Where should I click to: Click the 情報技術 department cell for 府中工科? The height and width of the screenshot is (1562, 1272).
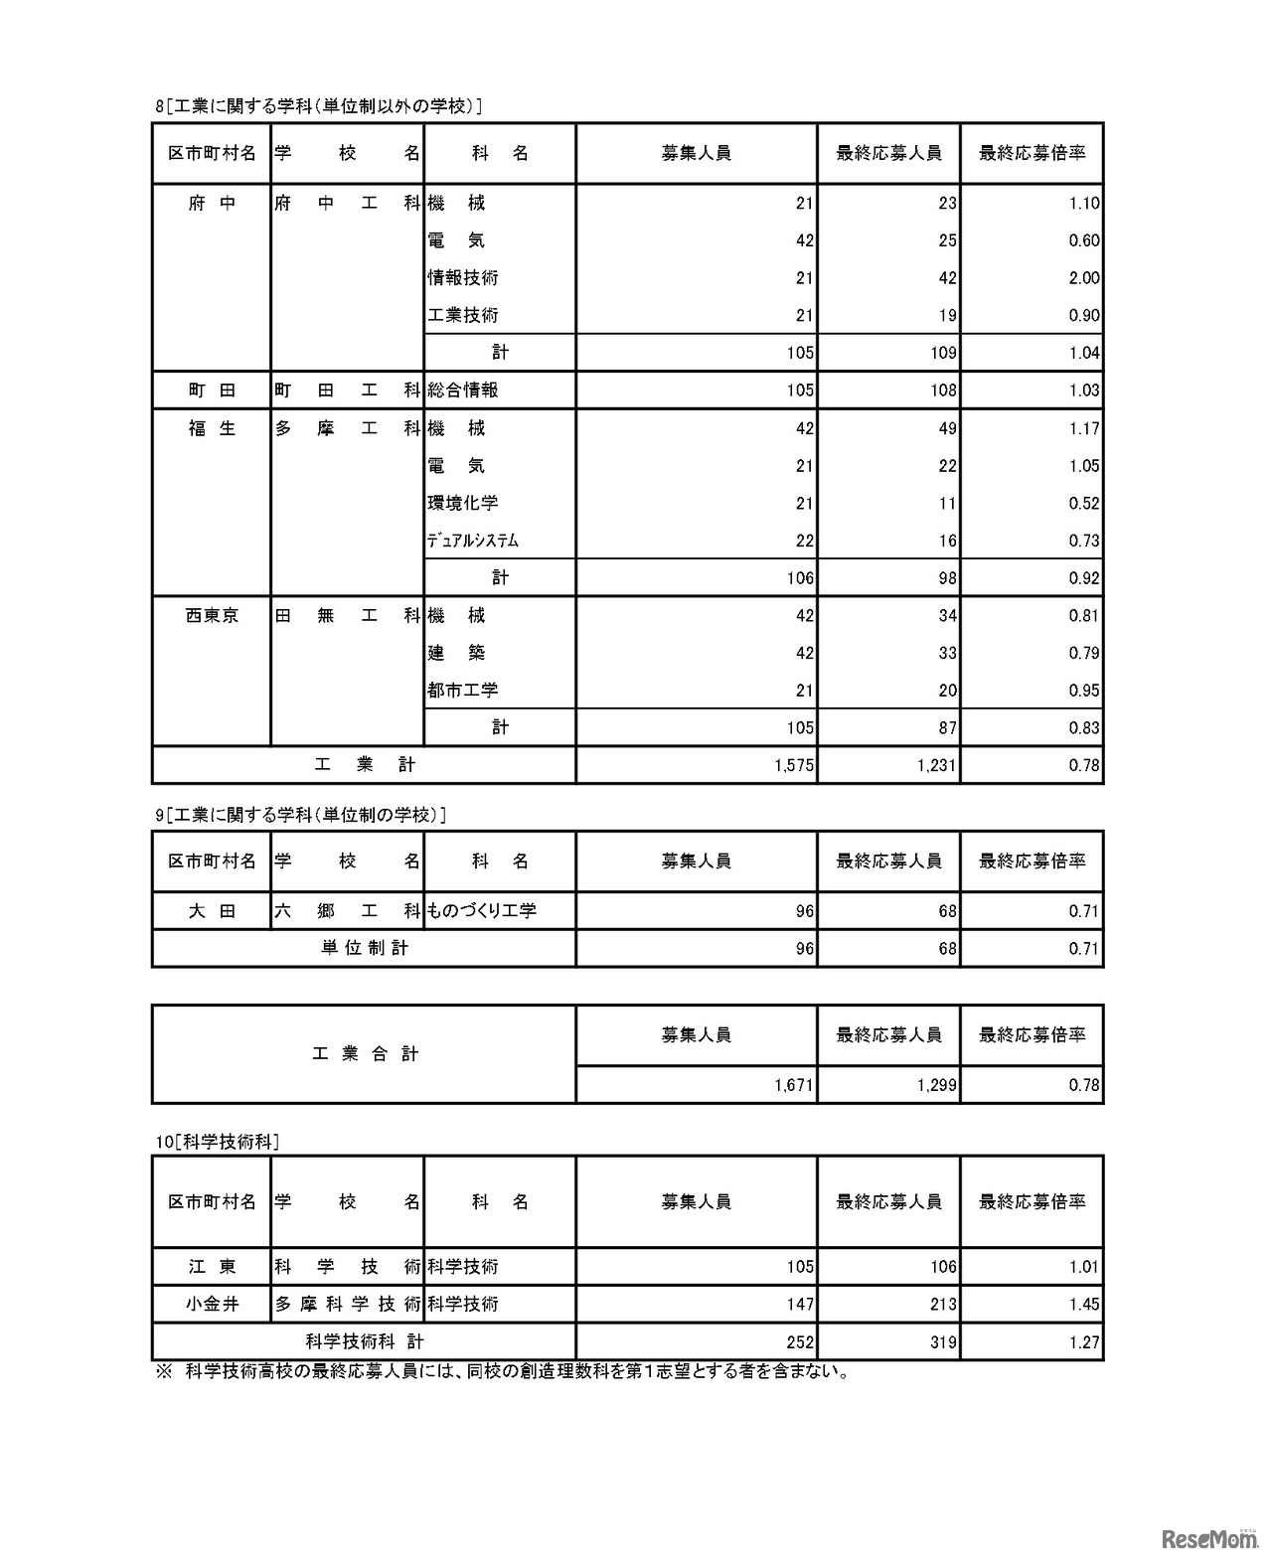coord(463,278)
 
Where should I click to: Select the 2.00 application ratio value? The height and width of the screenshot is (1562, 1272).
coord(1083,278)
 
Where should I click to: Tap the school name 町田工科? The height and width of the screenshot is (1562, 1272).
coord(347,390)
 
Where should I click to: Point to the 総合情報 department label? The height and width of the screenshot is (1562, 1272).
coord(463,390)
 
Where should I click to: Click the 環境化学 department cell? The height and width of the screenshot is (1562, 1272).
coord(463,503)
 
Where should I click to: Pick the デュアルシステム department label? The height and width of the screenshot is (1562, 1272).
coord(473,541)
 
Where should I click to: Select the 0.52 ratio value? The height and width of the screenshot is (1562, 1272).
coord(1083,503)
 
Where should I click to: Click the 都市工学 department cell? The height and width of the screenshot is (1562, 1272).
coord(463,691)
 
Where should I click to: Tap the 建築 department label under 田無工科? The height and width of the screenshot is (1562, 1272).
coord(456,653)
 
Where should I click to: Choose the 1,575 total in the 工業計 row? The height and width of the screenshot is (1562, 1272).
coord(794,765)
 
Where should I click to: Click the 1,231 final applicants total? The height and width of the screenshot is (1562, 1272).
coord(936,765)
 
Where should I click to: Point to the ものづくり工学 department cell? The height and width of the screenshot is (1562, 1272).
coord(482,910)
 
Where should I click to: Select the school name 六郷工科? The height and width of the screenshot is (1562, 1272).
coord(347,910)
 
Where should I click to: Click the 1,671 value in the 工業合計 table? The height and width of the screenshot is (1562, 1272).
coord(794,1085)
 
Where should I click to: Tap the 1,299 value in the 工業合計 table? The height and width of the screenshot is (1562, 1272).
coord(936,1085)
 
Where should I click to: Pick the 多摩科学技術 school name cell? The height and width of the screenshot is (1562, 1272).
coord(347,1304)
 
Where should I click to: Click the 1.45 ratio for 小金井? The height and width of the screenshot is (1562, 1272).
coord(1083,1304)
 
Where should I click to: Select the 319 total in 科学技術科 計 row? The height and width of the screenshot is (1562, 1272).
coord(942,1342)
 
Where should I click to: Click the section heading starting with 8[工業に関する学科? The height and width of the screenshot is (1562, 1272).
coord(319,106)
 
